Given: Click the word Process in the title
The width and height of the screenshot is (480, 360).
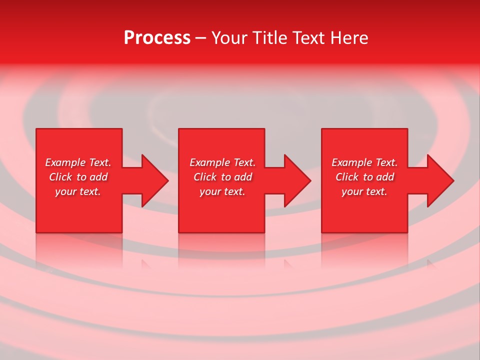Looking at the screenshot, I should click(157, 38).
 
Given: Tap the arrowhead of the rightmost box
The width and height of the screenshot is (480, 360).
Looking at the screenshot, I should click(439, 180).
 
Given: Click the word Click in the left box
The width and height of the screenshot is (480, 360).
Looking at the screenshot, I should click(60, 177).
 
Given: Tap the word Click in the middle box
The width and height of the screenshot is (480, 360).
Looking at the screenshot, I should click(205, 177).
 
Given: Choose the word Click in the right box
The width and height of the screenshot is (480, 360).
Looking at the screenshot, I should click(347, 177).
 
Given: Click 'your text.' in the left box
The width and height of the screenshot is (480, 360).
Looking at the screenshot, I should click(78, 191).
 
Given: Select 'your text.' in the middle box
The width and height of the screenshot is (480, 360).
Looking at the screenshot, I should click(222, 191).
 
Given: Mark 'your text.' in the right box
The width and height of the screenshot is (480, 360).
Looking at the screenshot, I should click(364, 191).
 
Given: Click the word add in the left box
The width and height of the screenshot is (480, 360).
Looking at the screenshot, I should click(98, 177).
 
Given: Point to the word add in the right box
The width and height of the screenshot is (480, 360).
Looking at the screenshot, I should click(385, 177).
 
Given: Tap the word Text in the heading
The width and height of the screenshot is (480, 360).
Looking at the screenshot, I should click(308, 38).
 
